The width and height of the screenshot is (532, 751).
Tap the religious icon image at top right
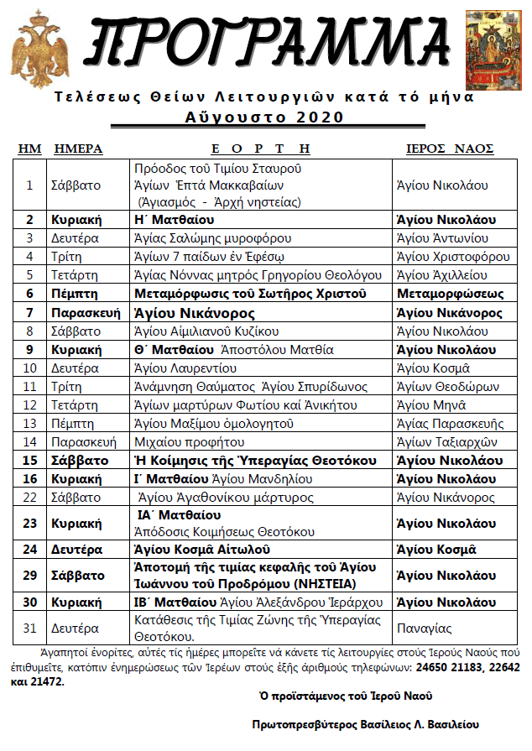tap(493, 47)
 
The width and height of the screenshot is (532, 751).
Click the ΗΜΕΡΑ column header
tap(78, 149)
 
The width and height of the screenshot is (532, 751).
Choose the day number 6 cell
tap(29, 294)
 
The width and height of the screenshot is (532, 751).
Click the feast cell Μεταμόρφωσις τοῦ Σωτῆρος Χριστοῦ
tap(252, 294)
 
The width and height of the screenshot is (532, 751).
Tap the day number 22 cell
tap(29, 498)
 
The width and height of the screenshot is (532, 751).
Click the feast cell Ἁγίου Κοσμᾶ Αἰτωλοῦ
tap(202, 550)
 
